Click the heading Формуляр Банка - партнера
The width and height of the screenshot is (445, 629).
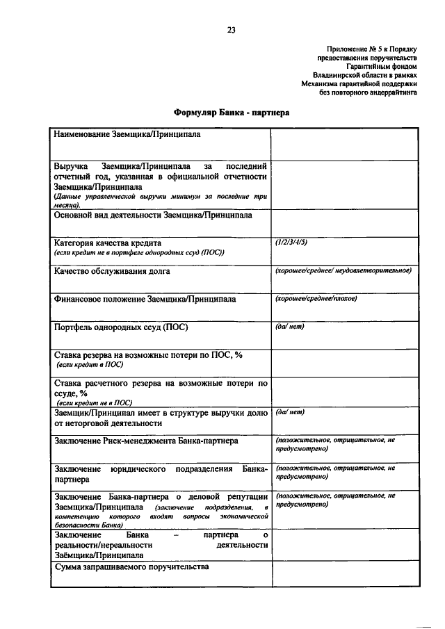coord(231,112)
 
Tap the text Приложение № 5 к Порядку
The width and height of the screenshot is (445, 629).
coord(371,49)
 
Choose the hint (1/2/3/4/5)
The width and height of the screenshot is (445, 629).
coord(291,243)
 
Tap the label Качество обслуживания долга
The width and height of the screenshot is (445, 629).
coord(112,271)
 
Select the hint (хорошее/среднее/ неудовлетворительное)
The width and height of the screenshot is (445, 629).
coord(343,270)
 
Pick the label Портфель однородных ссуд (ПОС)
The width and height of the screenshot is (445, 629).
coord(121,327)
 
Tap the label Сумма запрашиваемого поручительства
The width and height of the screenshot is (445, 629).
coord(131,568)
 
